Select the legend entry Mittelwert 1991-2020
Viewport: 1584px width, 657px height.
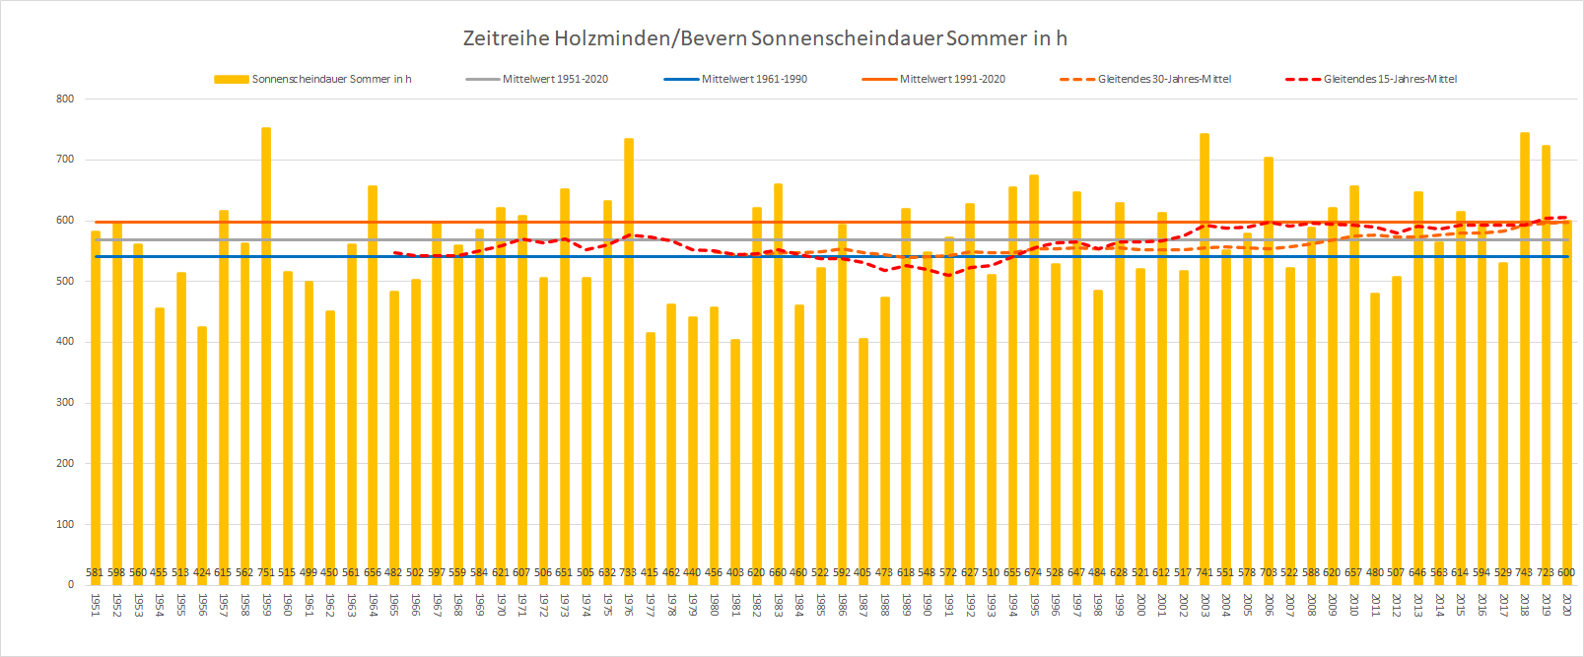tap(952, 79)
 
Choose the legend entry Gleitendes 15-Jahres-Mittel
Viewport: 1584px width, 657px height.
tap(1390, 79)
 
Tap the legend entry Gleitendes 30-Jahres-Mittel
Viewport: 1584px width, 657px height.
tap(1164, 79)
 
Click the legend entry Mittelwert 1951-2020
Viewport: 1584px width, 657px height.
tap(555, 79)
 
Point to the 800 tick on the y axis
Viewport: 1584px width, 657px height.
tap(65, 99)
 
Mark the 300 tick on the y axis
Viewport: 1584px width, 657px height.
tap(65, 403)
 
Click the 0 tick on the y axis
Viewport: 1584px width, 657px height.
tap(70, 585)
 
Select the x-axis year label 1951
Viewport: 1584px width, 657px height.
tap(96, 604)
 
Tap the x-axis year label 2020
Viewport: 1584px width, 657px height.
tap(1566, 604)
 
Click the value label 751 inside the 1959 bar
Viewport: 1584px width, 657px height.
tap(266, 572)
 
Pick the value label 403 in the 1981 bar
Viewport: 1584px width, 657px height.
tap(735, 572)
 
